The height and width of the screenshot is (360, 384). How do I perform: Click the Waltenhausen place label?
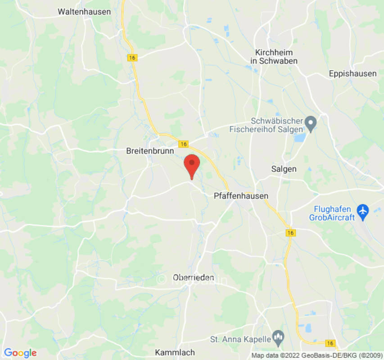pyautogui.click(x=84, y=12)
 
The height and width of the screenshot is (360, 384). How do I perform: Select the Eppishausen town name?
pyautogui.click(x=352, y=73)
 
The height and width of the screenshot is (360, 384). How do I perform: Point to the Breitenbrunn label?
pyautogui.click(x=150, y=152)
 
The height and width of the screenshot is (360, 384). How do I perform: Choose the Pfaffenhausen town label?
pyautogui.click(x=240, y=196)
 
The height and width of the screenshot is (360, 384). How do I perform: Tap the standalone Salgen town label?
pyautogui.click(x=284, y=169)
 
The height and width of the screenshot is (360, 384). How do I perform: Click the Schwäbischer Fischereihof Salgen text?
pyautogui.click(x=276, y=125)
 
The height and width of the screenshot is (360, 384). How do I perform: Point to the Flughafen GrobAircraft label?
pyautogui.click(x=332, y=213)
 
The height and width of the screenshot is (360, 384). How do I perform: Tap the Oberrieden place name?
pyautogui.click(x=194, y=278)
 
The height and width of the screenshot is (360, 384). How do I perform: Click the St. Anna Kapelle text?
pyautogui.click(x=240, y=338)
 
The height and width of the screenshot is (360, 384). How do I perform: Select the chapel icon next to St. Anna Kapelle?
pyautogui.click(x=279, y=336)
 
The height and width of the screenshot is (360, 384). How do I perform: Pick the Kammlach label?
pyautogui.click(x=175, y=352)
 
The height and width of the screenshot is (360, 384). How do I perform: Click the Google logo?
pyautogui.click(x=20, y=353)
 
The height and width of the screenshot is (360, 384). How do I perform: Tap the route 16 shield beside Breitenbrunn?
pyautogui.click(x=183, y=144)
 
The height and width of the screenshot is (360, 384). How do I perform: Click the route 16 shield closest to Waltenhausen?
pyautogui.click(x=132, y=58)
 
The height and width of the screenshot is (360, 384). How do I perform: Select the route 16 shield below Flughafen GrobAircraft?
pyautogui.click(x=290, y=233)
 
